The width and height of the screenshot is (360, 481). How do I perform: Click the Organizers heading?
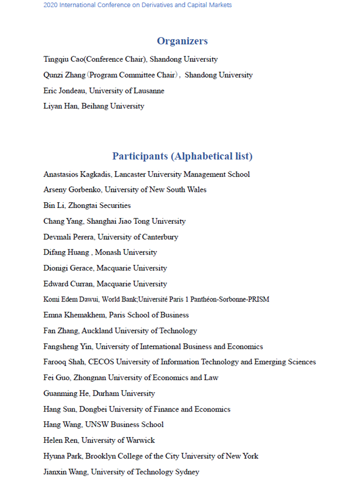point(182,41)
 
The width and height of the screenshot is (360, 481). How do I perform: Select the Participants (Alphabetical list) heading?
point(183,156)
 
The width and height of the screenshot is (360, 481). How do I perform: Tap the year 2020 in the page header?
point(51,5)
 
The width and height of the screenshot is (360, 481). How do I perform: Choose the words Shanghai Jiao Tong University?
point(136,221)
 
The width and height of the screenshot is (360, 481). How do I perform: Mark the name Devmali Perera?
point(68,237)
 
